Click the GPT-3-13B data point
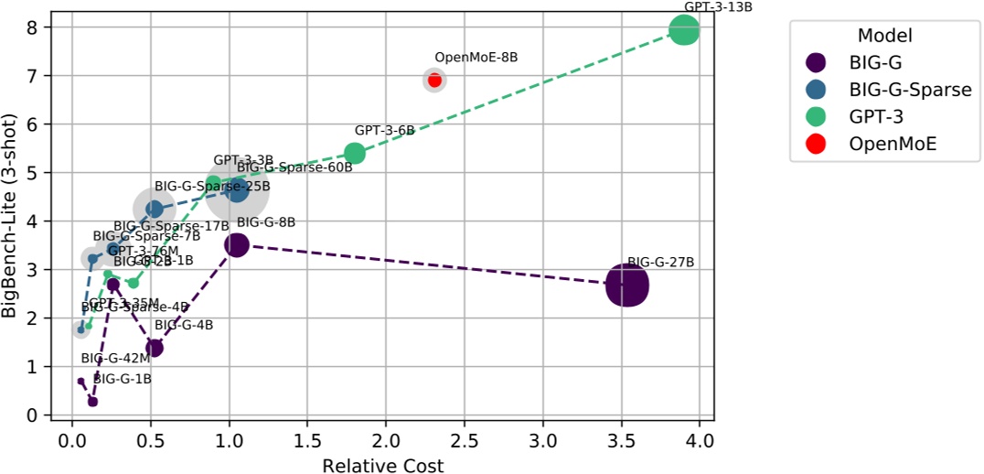click(x=684, y=30)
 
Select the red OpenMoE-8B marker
click(x=434, y=81)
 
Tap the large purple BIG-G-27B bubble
click(x=626, y=285)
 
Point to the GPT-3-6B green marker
click(x=355, y=154)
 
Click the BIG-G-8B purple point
click(x=236, y=244)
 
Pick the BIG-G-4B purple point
click(x=155, y=348)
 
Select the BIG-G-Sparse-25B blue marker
click(x=155, y=209)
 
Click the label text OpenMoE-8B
click(x=476, y=57)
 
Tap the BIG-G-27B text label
click(x=660, y=262)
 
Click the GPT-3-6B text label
click(x=384, y=131)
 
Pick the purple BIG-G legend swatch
click(x=815, y=62)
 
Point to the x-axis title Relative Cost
click(x=382, y=465)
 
